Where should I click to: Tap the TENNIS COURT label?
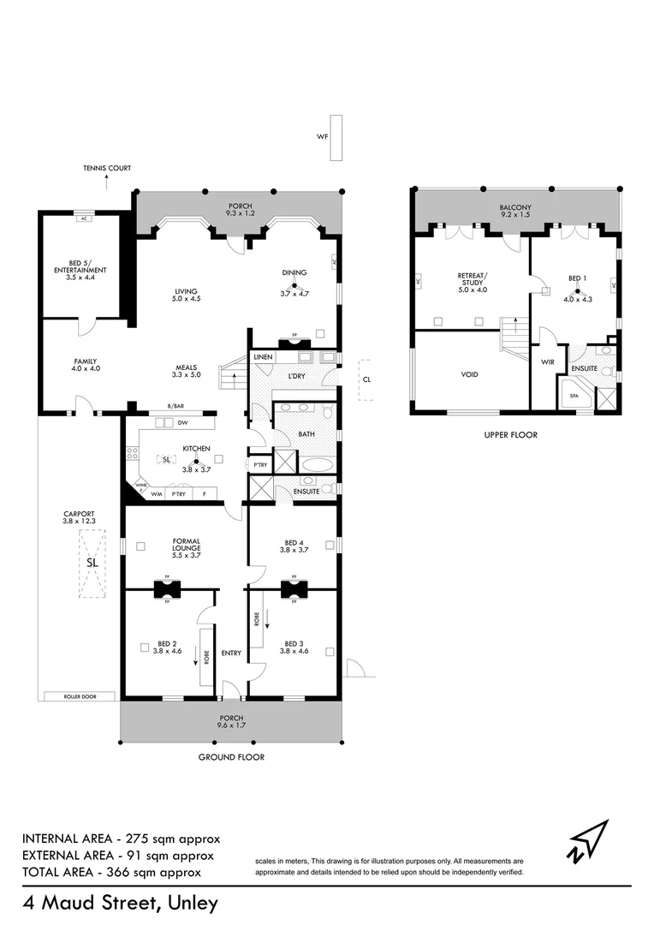[107, 169]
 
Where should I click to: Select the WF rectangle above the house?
[336, 137]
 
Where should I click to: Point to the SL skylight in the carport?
[92, 563]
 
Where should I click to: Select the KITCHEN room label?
[196, 447]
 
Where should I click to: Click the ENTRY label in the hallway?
[231, 653]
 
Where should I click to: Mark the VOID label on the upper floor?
[470, 374]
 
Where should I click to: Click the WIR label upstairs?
[549, 362]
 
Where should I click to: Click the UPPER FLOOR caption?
[510, 435]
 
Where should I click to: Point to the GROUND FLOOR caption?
[231, 757]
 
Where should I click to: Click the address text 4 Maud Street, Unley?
[121, 903]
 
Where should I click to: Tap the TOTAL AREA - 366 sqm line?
[111, 872]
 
